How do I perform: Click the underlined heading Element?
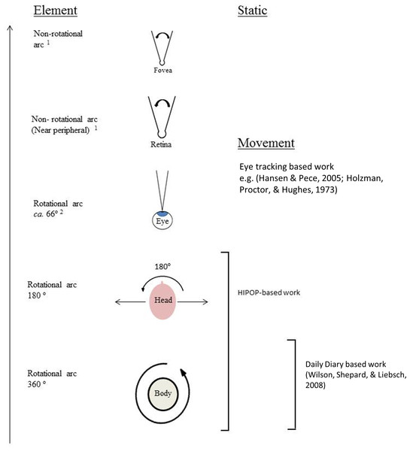tap(55, 11)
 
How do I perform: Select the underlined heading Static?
tap(252, 11)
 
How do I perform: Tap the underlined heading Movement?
tap(266, 144)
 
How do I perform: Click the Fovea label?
tap(162, 70)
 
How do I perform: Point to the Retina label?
tap(161, 144)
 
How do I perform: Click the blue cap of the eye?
tap(162, 213)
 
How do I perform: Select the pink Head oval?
tap(163, 301)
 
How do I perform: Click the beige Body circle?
tap(163, 393)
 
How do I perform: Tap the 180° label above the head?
tap(162, 267)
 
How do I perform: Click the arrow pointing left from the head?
tap(130, 301)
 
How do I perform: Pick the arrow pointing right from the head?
tap(193, 301)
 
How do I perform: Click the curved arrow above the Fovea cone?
tap(162, 34)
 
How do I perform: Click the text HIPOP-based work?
tap(269, 292)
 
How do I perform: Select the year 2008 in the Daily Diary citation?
tap(315, 385)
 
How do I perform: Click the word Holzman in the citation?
tap(364, 178)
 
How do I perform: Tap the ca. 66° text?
tap(48, 214)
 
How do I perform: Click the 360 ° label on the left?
tap(37, 384)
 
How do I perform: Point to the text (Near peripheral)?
tap(60, 130)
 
